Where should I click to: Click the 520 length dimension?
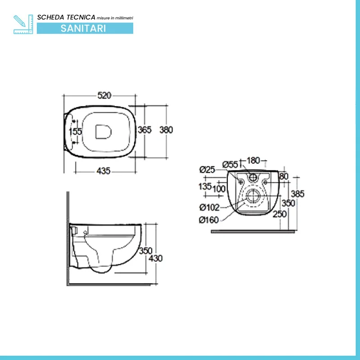(104, 95)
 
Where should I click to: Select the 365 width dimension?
(144, 130)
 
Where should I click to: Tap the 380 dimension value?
(166, 130)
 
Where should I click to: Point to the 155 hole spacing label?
(75, 131)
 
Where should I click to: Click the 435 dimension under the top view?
(103, 171)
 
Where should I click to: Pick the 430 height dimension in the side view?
(156, 258)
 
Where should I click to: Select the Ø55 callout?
(230, 165)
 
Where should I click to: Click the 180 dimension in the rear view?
(253, 161)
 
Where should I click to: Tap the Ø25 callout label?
(207, 170)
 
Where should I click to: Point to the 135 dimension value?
(205, 186)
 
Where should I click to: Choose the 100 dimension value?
(219, 189)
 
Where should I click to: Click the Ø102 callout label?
(209, 207)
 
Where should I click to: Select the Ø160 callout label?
(209, 220)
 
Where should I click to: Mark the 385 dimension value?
(297, 194)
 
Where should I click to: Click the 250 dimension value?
(279, 214)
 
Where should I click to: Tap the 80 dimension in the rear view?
(284, 176)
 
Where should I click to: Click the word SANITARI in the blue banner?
(83, 28)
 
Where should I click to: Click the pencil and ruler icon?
(23, 24)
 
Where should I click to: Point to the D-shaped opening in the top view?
(103, 132)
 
